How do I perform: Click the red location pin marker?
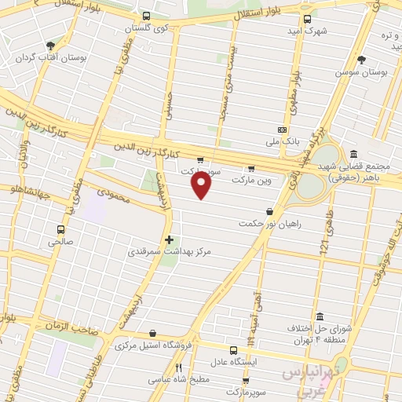[202, 185]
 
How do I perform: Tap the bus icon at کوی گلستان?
[146, 16]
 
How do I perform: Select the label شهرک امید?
[306, 31]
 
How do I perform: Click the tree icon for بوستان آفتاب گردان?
[51, 46]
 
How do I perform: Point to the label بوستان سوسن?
[363, 71]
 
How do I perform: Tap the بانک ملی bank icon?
[282, 130]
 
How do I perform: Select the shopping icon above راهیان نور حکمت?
[270, 210]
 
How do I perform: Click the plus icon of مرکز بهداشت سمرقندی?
[169, 239]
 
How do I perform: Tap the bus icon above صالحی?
[60, 230]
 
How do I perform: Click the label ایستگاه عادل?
[233, 363]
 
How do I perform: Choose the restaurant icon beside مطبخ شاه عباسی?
[178, 367]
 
